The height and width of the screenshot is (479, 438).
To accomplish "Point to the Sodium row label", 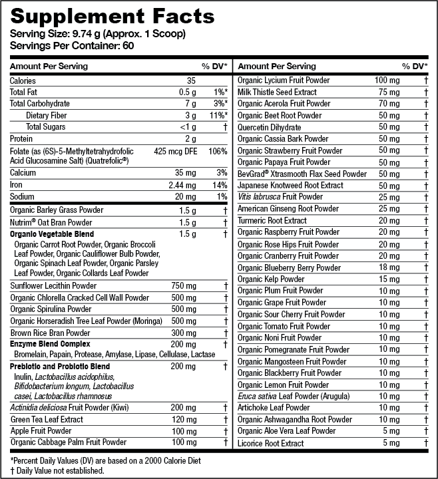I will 23,197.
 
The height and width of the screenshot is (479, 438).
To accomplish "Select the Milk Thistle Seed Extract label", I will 277,92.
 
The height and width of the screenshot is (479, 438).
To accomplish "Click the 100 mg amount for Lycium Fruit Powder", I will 387,80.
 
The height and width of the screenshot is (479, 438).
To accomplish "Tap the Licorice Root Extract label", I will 270,443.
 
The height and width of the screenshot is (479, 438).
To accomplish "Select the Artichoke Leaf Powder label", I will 274,408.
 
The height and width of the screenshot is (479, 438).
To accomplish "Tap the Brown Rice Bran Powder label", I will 50,333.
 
